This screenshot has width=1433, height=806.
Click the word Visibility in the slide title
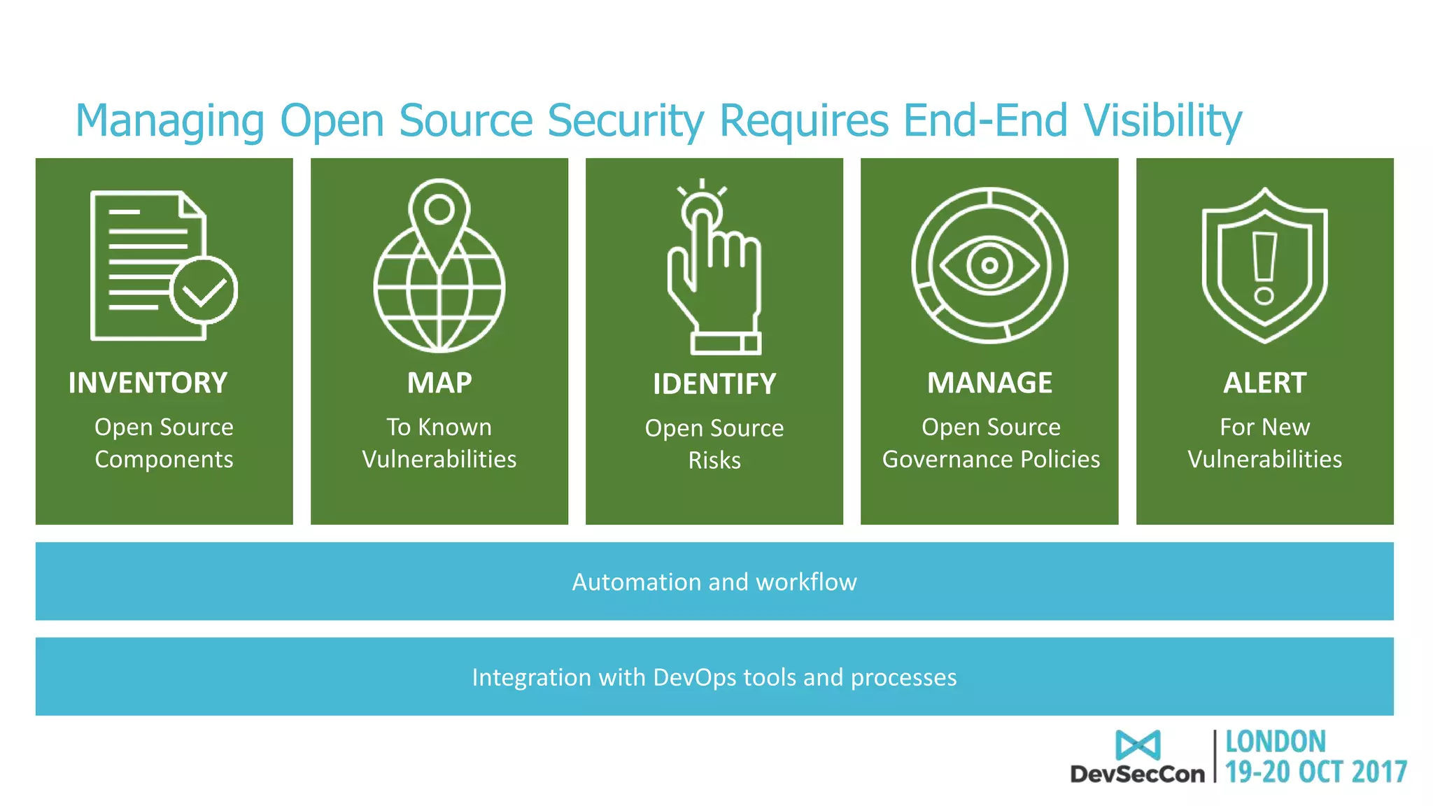pyautogui.click(x=1162, y=121)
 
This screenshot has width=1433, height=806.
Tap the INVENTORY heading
pyautogui.click(x=148, y=383)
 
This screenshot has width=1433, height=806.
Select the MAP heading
pyautogui.click(x=439, y=383)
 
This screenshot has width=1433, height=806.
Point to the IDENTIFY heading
pyautogui.click(x=714, y=384)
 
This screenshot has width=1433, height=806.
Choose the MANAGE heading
pyautogui.click(x=989, y=383)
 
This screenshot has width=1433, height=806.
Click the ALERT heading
pyautogui.click(x=1264, y=383)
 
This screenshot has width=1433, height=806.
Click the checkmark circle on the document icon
pyautogui.click(x=204, y=290)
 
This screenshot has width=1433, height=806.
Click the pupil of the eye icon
pyautogui.click(x=989, y=265)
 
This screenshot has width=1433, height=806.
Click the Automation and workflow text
pyautogui.click(x=714, y=582)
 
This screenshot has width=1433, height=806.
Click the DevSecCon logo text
pyautogui.click(x=1137, y=774)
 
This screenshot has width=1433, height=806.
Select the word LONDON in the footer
pyautogui.click(x=1275, y=742)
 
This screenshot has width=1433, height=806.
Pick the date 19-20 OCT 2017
pyautogui.click(x=1315, y=772)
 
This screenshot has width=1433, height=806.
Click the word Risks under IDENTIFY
pyautogui.click(x=714, y=460)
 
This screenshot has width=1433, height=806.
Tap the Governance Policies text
pyautogui.click(x=991, y=459)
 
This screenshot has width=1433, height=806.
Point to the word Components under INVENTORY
pyautogui.click(x=164, y=459)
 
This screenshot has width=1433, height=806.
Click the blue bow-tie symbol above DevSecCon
pyautogui.click(x=1138, y=745)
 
